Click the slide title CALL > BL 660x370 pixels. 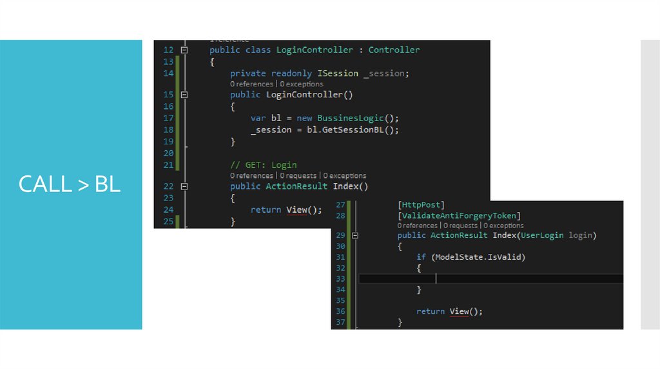pos(70,184)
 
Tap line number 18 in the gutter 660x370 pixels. pos(168,130)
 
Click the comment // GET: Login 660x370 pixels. pos(263,165)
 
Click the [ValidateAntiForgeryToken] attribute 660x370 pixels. pos(459,215)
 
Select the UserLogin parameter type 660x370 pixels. pos(542,235)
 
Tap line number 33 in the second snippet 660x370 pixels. pos(340,278)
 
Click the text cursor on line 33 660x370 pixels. pos(436,278)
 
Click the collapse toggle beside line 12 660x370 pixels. pos(184,50)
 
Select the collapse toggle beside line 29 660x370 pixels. pos(354,235)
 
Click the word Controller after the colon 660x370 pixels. pos(394,50)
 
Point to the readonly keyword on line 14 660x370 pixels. pos(291,73)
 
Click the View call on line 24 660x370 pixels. pos(296,209)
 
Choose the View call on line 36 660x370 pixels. pos(460,311)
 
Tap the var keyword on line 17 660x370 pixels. pos(258,118)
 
